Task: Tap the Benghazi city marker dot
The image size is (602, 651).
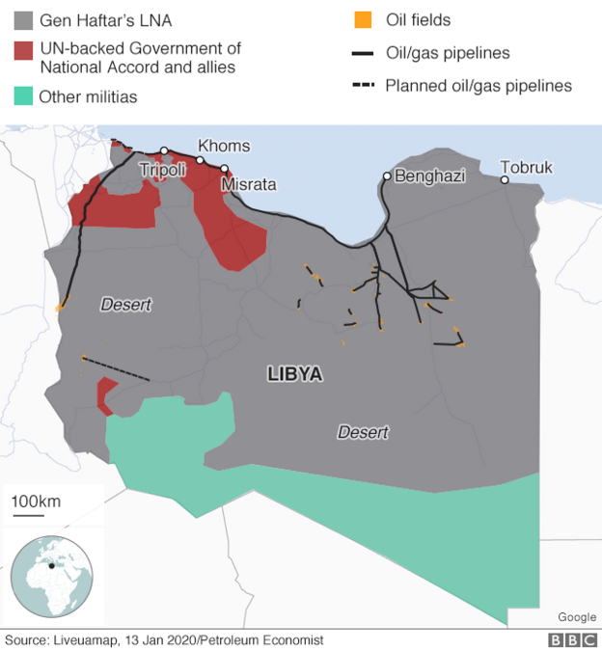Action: (387, 176)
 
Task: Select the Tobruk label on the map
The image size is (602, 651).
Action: (527, 167)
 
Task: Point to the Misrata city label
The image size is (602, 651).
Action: (248, 184)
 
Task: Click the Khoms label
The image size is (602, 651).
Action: (224, 146)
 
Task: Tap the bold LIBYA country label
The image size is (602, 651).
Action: (294, 374)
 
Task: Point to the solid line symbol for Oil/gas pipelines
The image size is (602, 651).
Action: (363, 53)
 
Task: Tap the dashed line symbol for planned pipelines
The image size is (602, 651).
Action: (363, 86)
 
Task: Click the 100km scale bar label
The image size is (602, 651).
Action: (36, 501)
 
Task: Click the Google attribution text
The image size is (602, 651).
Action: (576, 617)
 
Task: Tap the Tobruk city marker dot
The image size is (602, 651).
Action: (505, 179)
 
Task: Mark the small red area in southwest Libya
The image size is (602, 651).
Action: (105, 394)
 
